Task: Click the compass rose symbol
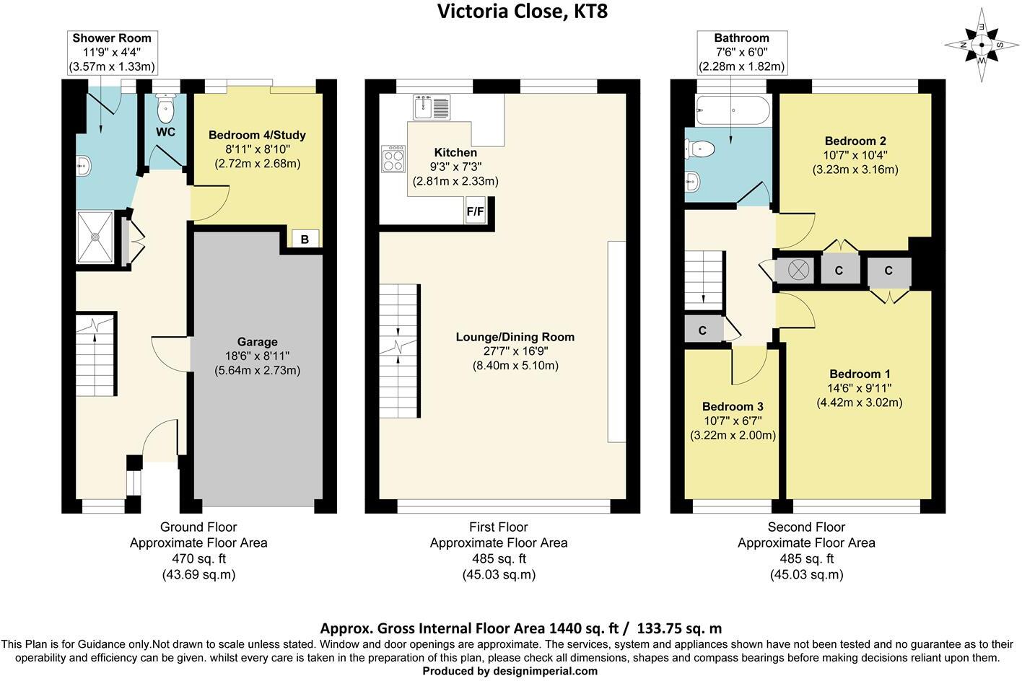[982, 45]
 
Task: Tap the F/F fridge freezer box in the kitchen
[475, 211]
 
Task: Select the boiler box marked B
[305, 239]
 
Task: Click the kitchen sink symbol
[431, 107]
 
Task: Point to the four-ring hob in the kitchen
[393, 159]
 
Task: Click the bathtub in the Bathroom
[733, 110]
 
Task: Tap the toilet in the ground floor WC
[165, 108]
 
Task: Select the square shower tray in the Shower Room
[95, 237]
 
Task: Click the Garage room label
[258, 342]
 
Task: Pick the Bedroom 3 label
[733, 406]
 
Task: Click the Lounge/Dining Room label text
[515, 337]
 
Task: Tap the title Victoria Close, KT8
[523, 11]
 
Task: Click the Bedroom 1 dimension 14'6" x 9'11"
[860, 388]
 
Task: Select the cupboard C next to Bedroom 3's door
[703, 330]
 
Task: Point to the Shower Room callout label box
[112, 52]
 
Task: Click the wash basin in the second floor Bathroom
[692, 181]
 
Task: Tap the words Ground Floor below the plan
[198, 527]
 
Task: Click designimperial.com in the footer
[545, 671]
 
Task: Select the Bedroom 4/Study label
[258, 135]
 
